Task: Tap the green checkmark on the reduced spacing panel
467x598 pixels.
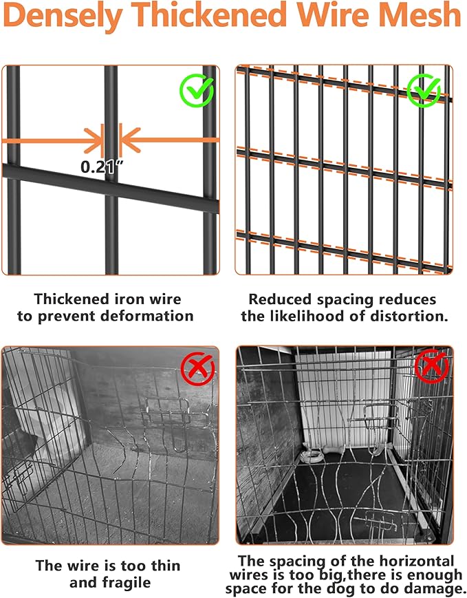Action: pyautogui.click(x=424, y=89)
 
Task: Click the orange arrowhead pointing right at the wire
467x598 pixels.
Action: pyautogui.click(x=92, y=140)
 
